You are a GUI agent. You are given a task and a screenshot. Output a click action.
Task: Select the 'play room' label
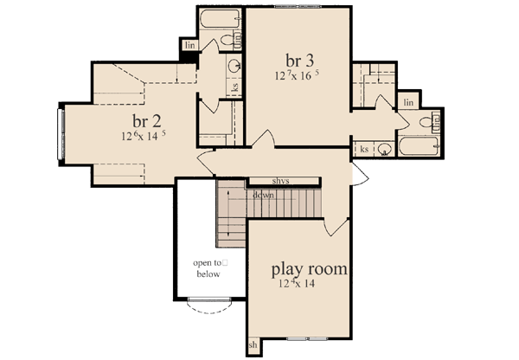tap(310, 269)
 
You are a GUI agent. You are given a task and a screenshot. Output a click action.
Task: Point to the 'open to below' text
tap(208, 268)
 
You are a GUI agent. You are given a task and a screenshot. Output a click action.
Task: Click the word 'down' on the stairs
tap(264, 195)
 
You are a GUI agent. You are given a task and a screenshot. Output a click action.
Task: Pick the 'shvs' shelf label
tap(280, 182)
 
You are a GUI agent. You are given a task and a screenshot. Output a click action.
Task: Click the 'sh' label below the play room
tap(253, 345)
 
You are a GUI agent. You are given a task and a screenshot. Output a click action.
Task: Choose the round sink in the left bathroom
tap(234, 67)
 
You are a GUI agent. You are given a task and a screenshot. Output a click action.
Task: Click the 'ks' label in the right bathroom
tap(364, 149)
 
